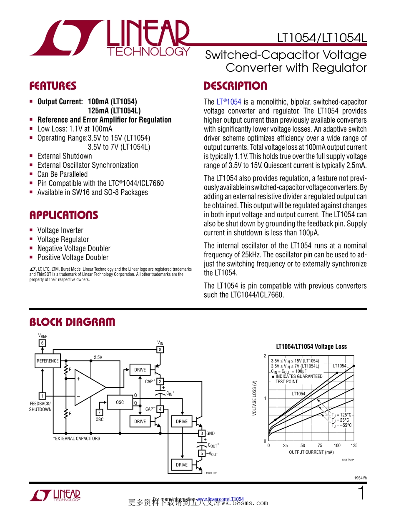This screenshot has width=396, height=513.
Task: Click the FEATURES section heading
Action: coord(53,86)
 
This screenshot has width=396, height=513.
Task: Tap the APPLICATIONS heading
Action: coord(63,215)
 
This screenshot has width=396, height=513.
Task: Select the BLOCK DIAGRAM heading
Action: coord(72,322)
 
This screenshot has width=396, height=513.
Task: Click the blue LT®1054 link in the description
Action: coord(228,102)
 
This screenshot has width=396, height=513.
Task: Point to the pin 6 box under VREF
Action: coord(42,343)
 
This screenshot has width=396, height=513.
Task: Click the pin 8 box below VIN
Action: coord(160,350)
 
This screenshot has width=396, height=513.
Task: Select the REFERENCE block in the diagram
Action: coord(48,361)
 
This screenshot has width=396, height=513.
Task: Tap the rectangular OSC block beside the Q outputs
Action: coord(120,402)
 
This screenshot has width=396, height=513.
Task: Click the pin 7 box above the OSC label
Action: coord(99,413)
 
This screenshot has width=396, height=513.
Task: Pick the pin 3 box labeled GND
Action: coord(201,433)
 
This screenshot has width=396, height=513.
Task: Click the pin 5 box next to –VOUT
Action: coord(201,453)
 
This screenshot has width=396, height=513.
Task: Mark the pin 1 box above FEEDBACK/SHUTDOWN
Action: coord(42,396)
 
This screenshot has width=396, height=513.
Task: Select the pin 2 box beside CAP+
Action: coord(160,381)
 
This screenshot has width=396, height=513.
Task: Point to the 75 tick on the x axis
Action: coord(320,445)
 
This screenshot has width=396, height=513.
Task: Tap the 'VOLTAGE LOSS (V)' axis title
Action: coord(254,398)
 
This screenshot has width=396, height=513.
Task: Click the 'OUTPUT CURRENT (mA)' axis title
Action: coord(311,452)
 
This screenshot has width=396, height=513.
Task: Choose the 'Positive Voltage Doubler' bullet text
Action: coord(73,258)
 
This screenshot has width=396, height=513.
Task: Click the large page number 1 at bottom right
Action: coord(361,494)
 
